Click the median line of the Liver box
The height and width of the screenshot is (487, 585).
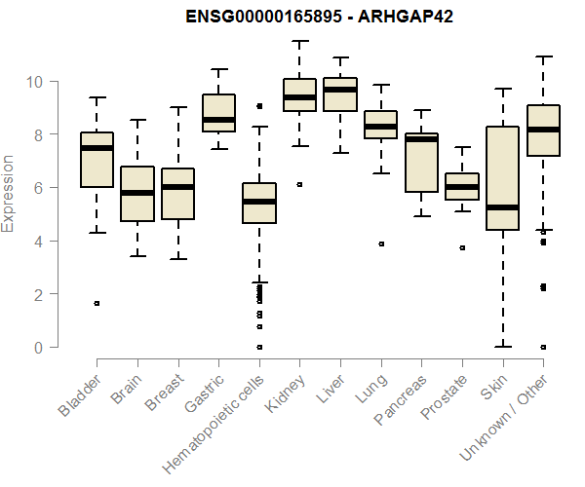pos(340,90)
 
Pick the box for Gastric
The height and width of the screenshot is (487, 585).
pos(218,113)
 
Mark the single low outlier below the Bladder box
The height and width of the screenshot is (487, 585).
pos(97,303)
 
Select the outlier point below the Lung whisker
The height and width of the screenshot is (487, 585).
pos(381,243)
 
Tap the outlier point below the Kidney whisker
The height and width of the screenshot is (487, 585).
pos(299,184)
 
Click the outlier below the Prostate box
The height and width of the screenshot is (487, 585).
pos(462,247)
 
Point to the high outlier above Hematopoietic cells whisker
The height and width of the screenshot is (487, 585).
pos(259,105)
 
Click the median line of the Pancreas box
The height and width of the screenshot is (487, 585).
pos(421,139)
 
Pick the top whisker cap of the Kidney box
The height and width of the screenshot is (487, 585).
pos(299,41)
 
